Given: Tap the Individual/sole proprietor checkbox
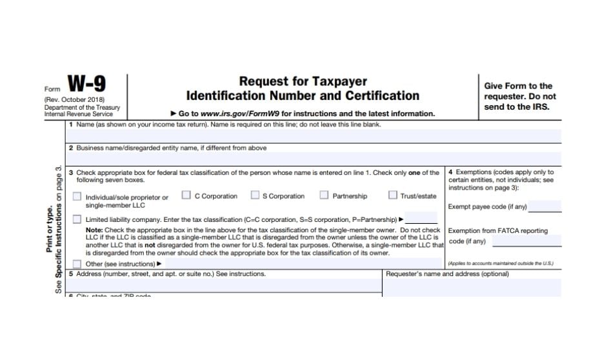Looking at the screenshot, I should pyautogui.click(x=77, y=197).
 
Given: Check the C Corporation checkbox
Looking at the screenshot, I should pyautogui.click(x=186, y=195).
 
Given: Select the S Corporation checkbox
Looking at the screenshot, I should pyautogui.click(x=256, y=195).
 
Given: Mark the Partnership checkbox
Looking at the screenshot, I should pyautogui.click(x=324, y=195).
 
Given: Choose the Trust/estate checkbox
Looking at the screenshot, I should pyautogui.click(x=392, y=195).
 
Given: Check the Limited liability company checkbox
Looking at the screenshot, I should pyautogui.click(x=77, y=219).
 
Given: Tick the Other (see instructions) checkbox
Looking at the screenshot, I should pyautogui.click(x=77, y=264).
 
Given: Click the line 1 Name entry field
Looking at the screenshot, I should pyautogui.click(x=313, y=135).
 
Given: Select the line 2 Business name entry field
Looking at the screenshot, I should pyautogui.click(x=313, y=158).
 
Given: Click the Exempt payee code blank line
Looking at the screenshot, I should pyautogui.click(x=545, y=207).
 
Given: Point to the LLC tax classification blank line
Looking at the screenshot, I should pyautogui.click(x=421, y=219).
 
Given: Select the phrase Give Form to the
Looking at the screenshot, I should pyautogui.click(x=518, y=86).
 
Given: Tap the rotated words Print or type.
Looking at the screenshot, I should pyautogui.click(x=50, y=228).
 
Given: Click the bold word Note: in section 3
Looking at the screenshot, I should pyautogui.click(x=94, y=230).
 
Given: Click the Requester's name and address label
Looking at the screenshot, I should pyautogui.click(x=447, y=274).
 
